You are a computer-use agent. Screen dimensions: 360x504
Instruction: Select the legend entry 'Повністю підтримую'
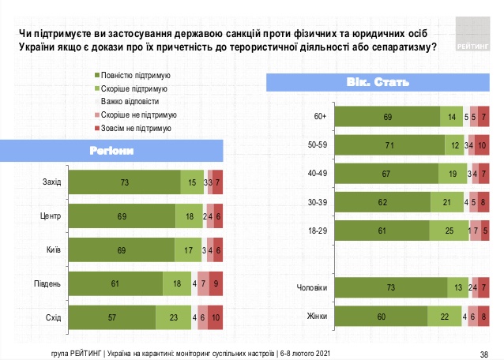130,75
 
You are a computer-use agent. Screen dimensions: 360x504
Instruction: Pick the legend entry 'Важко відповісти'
127,101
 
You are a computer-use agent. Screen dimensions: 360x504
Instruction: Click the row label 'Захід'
52,182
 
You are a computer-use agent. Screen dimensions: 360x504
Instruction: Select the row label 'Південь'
47,282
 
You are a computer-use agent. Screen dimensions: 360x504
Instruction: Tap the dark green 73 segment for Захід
125,182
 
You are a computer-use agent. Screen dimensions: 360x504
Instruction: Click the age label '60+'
320,117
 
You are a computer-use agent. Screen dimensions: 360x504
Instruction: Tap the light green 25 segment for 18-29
449,230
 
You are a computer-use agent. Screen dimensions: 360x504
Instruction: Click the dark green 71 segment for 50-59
389,145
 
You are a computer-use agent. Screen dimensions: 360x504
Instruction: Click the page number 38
484,352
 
